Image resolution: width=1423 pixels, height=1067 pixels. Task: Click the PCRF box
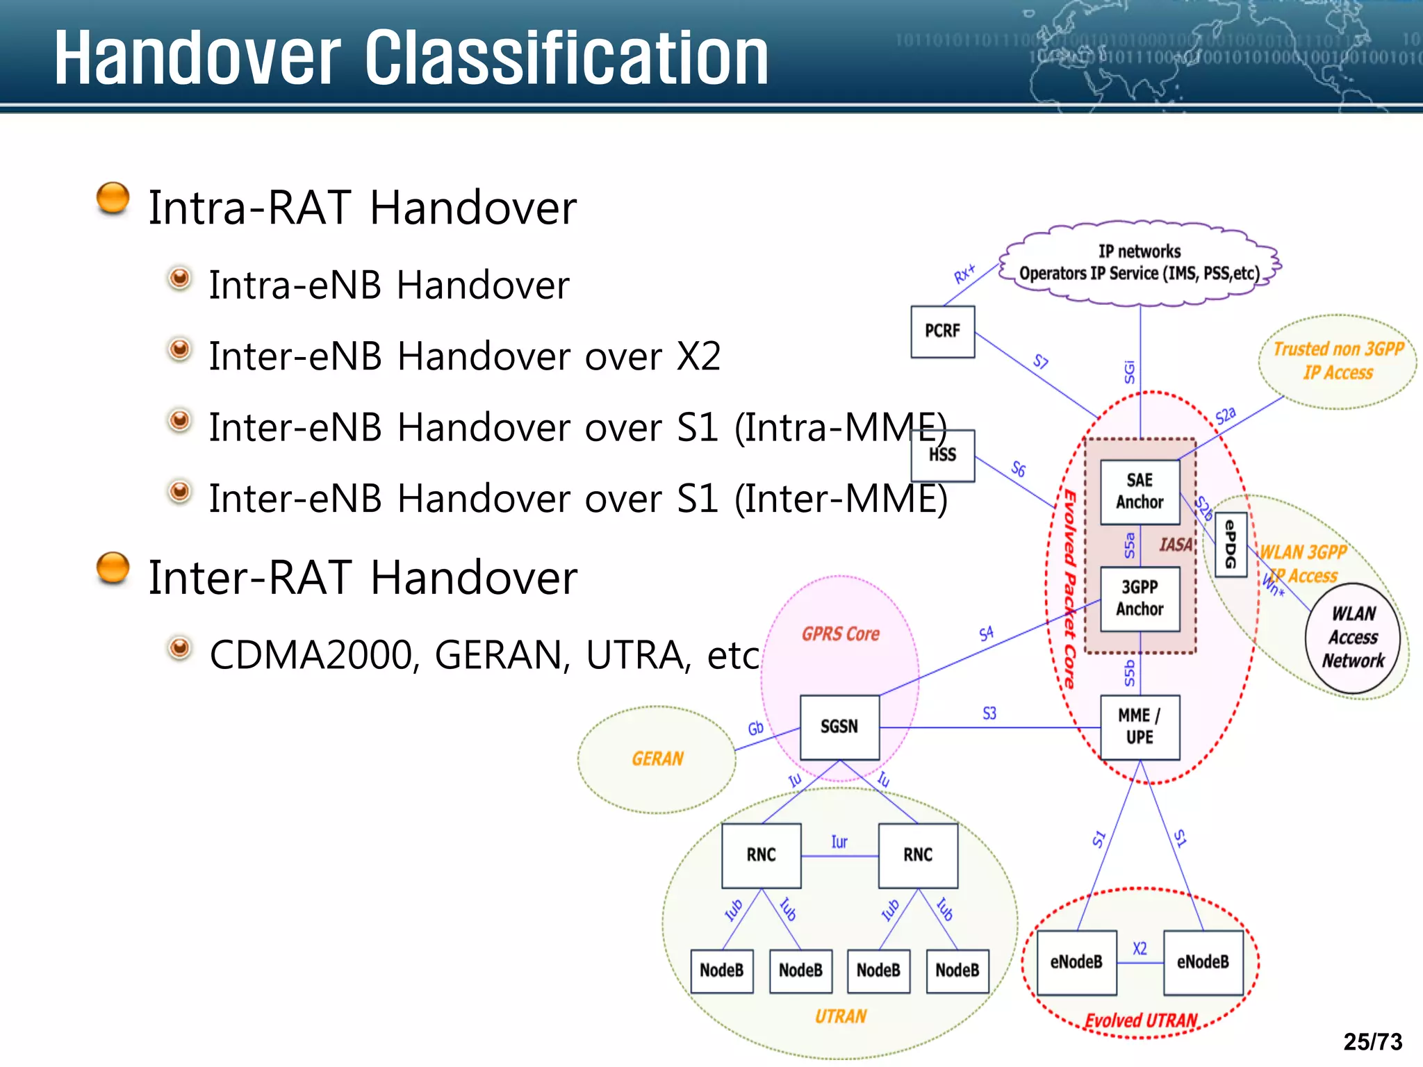(942, 331)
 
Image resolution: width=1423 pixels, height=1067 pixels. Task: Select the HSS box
(942, 456)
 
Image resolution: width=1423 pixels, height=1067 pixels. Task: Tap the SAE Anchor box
(1140, 491)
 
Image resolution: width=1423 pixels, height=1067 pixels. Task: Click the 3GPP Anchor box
(1140, 598)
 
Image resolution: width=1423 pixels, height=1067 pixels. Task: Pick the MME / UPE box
(1140, 727)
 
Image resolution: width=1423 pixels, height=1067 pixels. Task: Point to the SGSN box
(839, 727)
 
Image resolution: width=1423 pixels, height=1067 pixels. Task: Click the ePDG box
(1231, 545)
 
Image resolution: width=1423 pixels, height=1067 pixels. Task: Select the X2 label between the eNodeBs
(1140, 948)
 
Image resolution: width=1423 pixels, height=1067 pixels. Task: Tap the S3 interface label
(989, 713)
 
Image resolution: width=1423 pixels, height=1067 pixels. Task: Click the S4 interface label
(986, 634)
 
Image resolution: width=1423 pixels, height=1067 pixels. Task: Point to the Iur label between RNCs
(839, 842)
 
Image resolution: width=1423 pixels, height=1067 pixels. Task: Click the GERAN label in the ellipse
(657, 759)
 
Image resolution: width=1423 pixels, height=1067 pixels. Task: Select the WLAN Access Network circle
(1352, 638)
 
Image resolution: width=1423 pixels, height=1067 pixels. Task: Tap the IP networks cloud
(1140, 263)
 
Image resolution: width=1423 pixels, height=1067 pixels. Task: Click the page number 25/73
(1372, 1042)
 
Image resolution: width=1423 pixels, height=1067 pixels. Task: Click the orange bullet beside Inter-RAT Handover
(113, 568)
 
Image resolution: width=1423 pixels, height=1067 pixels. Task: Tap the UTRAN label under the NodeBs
(840, 1016)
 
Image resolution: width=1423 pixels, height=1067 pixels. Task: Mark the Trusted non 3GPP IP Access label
(1338, 361)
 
